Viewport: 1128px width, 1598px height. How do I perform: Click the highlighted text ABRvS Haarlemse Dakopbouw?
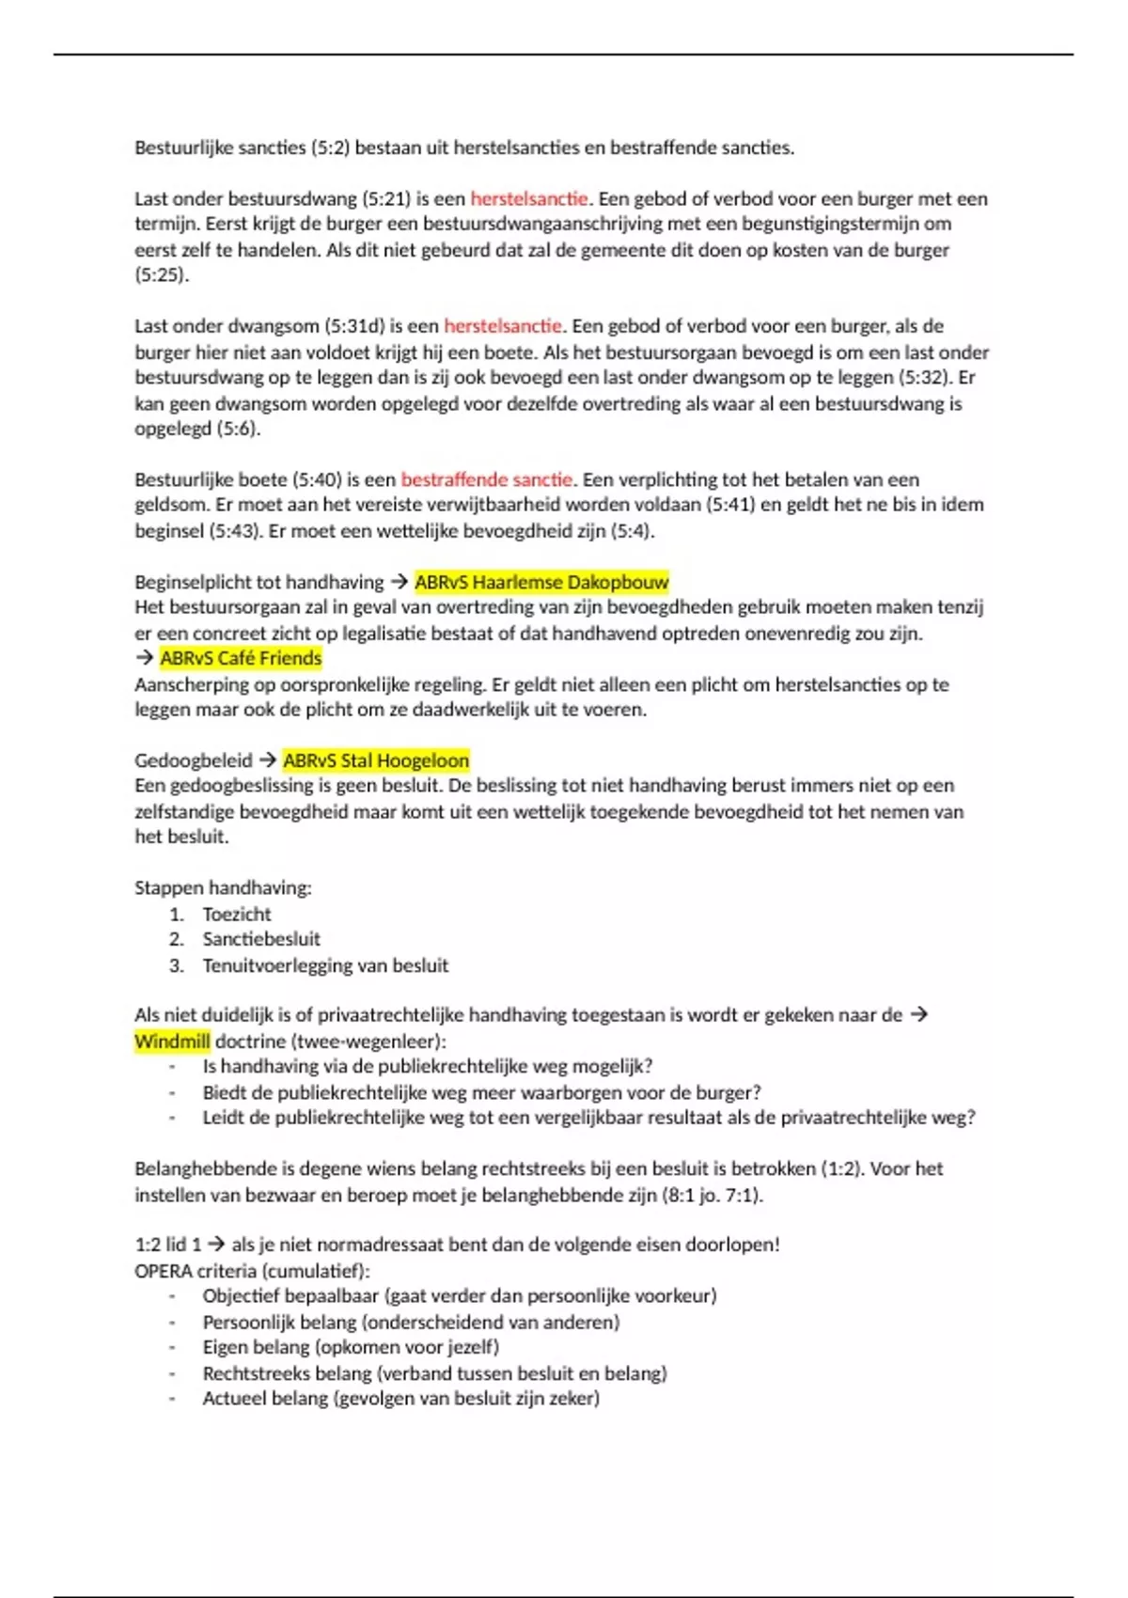[541, 582]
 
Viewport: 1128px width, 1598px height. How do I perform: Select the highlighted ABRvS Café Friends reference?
[241, 658]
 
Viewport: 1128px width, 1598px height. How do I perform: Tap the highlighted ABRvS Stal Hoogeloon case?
[376, 760]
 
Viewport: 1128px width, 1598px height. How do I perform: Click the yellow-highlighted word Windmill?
[172, 1042]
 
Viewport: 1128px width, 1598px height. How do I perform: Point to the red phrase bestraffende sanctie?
[486, 479]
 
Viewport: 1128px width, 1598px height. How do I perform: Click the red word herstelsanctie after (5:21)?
[529, 198]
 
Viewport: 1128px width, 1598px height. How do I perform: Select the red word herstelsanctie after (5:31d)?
[503, 326]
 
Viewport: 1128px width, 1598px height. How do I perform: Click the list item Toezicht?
[237, 914]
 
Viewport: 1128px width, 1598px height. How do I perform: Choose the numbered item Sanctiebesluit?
[261, 939]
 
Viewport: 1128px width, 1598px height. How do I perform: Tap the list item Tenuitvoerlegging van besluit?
[325, 965]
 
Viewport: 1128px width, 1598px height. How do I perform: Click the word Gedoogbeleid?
[194, 760]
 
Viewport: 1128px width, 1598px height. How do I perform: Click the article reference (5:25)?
[162, 275]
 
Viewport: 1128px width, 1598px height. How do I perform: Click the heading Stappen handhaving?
[223, 887]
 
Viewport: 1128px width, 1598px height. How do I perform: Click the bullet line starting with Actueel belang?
[400, 1398]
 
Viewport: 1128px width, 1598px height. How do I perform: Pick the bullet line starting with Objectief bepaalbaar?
[459, 1295]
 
